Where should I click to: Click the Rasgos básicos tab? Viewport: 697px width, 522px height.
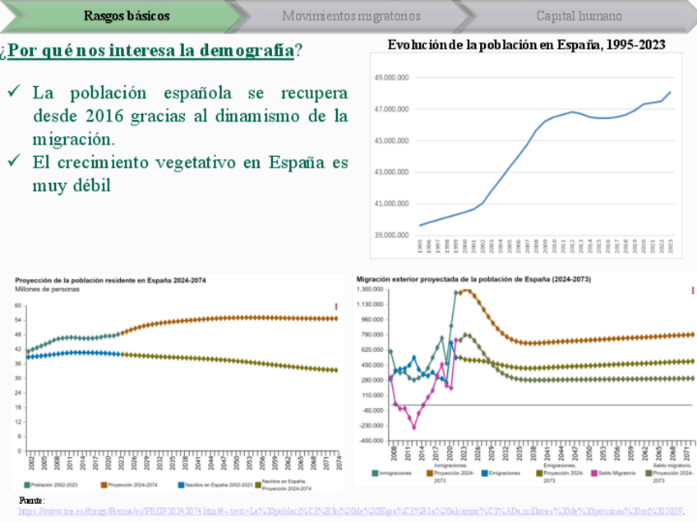127,16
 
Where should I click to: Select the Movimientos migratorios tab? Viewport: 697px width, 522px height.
351,16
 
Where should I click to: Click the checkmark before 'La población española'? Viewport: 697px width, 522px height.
15,92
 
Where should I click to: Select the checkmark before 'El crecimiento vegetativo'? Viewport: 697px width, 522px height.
15,162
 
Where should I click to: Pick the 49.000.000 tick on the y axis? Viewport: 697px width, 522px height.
391,78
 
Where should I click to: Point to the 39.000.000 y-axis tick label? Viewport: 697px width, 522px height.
391,236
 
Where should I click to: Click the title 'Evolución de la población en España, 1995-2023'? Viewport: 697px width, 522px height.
526,45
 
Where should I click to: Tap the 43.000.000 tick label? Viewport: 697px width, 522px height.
391,172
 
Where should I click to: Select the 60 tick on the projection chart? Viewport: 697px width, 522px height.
18,305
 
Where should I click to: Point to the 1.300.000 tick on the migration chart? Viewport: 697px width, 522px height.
372,289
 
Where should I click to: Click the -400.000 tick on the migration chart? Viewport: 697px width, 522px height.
372,441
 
